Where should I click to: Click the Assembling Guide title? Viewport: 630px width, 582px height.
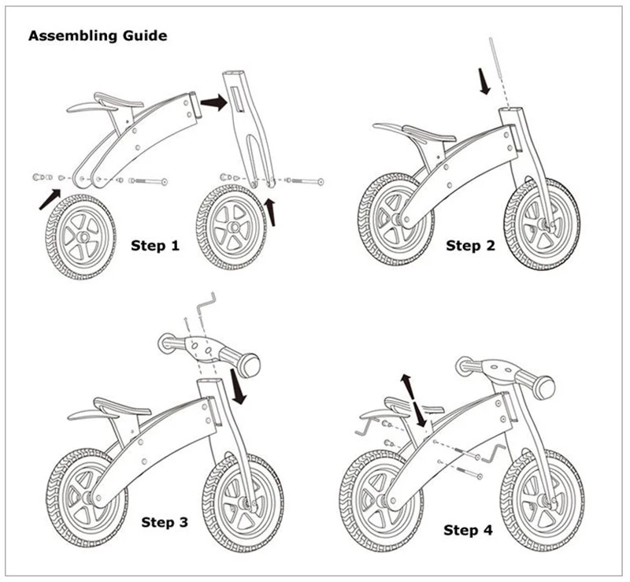pos(98,36)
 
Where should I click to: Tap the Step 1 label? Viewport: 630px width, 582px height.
pos(154,246)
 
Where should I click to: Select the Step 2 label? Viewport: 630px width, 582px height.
pos(470,246)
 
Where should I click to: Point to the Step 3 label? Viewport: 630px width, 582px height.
pos(165,521)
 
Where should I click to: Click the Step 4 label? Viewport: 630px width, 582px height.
pos(468,530)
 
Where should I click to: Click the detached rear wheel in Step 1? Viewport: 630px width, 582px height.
pos(81,235)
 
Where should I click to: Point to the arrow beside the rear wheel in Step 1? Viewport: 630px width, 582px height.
pos(48,198)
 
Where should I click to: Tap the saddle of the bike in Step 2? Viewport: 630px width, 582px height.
pos(427,132)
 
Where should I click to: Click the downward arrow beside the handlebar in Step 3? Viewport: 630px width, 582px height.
pos(239,385)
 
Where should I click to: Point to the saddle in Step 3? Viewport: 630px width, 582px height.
pos(120,407)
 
